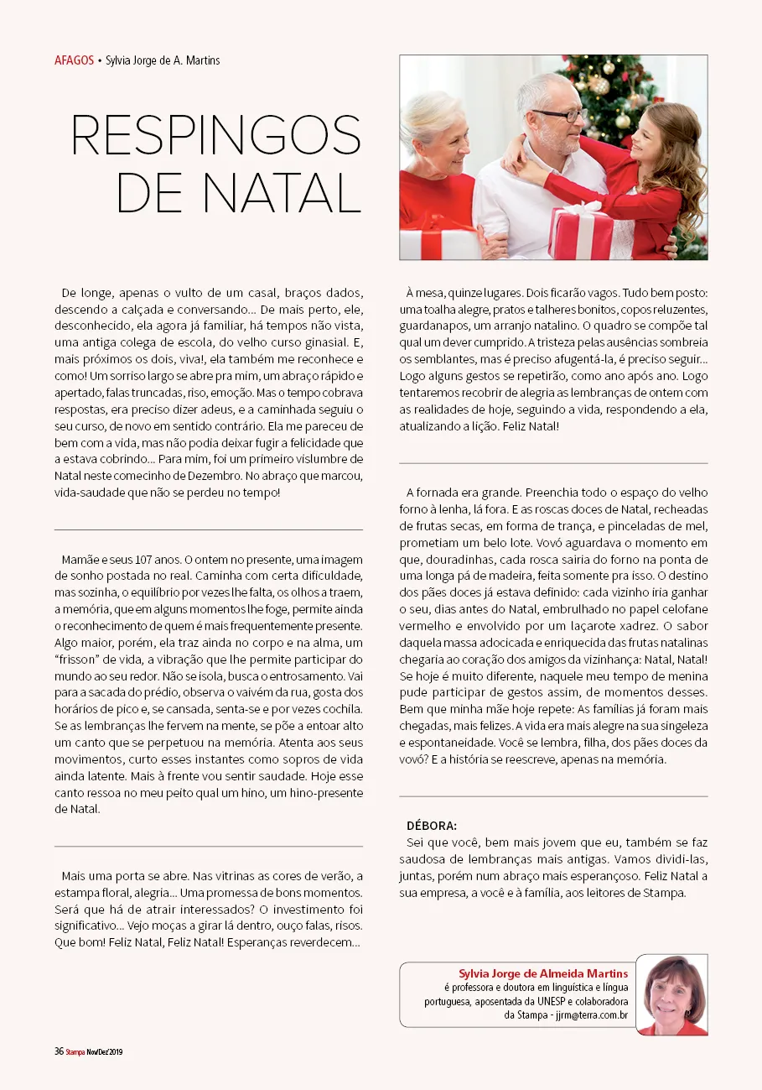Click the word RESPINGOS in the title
216,135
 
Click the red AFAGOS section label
74,60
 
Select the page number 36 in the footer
59,1051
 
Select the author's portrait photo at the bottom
672,995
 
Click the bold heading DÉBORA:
432,826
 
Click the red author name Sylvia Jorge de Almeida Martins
543,973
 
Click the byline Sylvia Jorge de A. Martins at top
163,60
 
